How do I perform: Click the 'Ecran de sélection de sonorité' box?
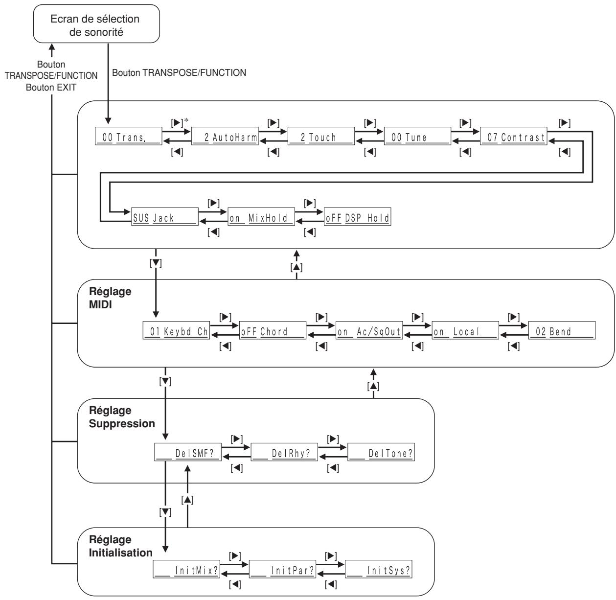point(96,24)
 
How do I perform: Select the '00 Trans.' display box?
point(129,136)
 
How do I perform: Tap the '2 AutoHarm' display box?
point(225,136)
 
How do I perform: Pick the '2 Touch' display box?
point(321,136)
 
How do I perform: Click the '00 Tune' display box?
point(417,136)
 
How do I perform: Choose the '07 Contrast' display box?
point(513,136)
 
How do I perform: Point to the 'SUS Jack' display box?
point(165,217)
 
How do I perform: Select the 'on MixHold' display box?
point(261,217)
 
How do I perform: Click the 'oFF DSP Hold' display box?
point(357,217)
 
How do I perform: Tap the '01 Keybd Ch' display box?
point(176,330)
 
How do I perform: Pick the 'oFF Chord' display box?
point(273,330)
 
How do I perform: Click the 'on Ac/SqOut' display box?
point(369,330)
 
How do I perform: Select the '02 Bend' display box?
point(562,330)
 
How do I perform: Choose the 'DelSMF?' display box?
point(188,452)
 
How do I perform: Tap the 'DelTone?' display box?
point(381,452)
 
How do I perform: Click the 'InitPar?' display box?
point(282,569)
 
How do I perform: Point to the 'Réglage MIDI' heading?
point(110,298)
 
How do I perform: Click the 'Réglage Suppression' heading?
point(122,417)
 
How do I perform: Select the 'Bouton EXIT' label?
point(51,88)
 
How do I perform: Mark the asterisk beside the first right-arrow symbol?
point(186,120)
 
